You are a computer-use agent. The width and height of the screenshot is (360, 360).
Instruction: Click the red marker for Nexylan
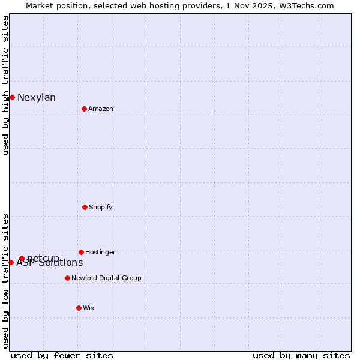(x=12, y=97)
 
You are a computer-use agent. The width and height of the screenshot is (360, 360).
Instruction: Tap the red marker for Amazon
(x=84, y=109)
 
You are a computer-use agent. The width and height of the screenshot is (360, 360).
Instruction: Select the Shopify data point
(x=85, y=207)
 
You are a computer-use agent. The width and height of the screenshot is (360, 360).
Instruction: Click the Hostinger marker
(x=81, y=252)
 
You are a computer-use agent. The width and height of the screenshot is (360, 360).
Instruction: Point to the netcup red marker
(x=22, y=258)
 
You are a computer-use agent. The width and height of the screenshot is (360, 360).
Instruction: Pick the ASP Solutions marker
(x=11, y=262)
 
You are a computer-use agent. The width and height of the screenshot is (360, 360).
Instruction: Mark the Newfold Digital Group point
(x=67, y=278)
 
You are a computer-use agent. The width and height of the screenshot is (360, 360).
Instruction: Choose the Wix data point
(x=79, y=308)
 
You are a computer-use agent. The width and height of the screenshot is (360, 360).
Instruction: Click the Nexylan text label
(x=37, y=98)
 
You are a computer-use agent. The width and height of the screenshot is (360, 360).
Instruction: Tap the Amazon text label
(x=101, y=109)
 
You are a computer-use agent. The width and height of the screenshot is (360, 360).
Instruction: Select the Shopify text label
(x=101, y=207)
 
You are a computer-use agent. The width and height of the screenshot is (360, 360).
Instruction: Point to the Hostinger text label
(x=100, y=252)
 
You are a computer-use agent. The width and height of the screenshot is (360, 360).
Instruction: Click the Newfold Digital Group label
(x=106, y=278)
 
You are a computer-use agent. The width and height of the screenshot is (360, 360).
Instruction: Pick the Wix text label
(x=89, y=308)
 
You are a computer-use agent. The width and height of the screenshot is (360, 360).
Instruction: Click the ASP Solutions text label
(x=50, y=263)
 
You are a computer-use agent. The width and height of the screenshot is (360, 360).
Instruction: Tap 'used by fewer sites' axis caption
(x=62, y=355)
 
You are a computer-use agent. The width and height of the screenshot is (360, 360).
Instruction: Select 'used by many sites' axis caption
(x=301, y=355)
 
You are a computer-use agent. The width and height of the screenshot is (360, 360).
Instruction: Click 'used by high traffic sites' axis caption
(x=5, y=85)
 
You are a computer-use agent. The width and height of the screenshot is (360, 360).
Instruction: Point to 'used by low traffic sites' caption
(x=5, y=281)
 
